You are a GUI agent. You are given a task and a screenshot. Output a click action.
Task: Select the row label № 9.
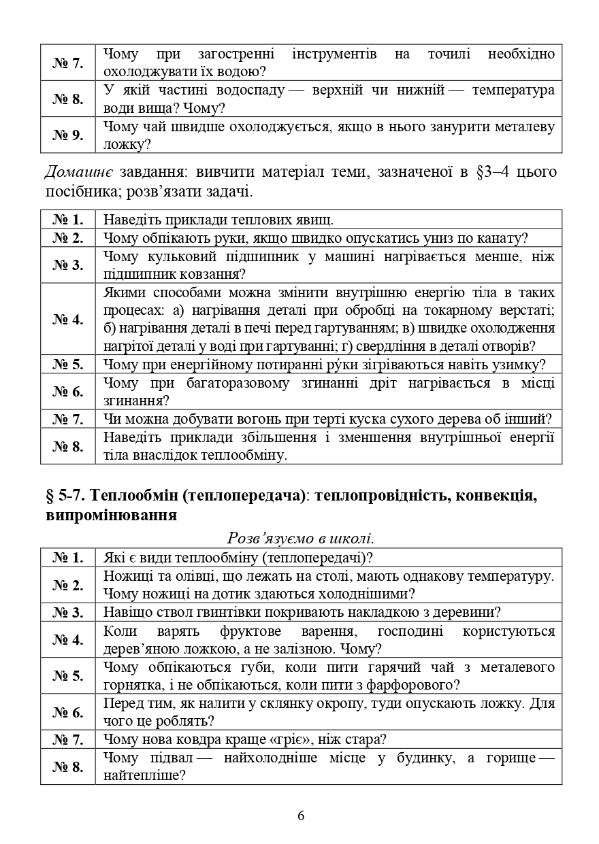[x=67, y=135]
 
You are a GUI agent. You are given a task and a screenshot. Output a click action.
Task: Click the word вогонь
[x=260, y=419]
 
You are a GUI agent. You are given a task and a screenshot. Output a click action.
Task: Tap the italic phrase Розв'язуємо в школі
[x=300, y=539]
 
